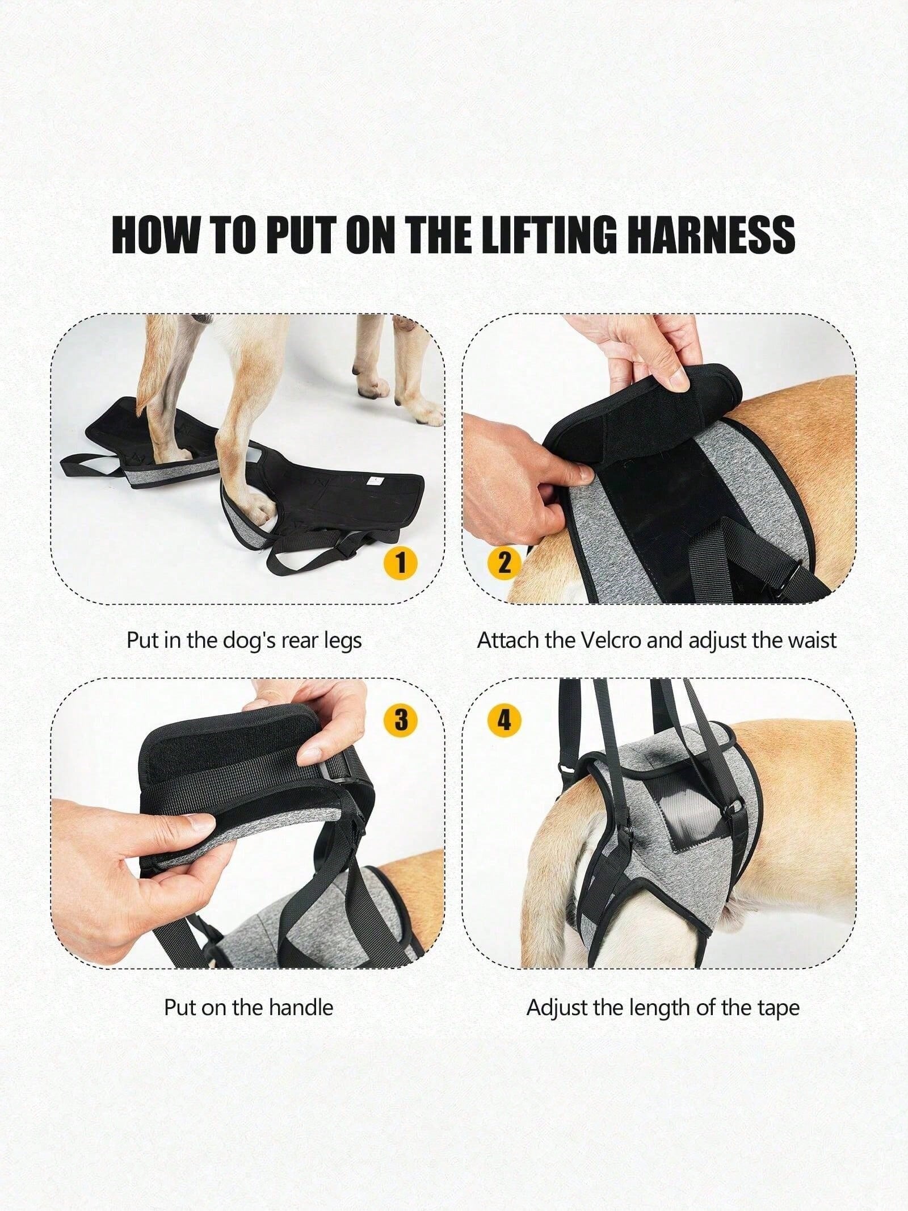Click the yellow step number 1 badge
click(x=401, y=563)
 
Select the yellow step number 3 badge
click(x=401, y=720)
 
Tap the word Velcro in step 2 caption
click(x=611, y=640)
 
